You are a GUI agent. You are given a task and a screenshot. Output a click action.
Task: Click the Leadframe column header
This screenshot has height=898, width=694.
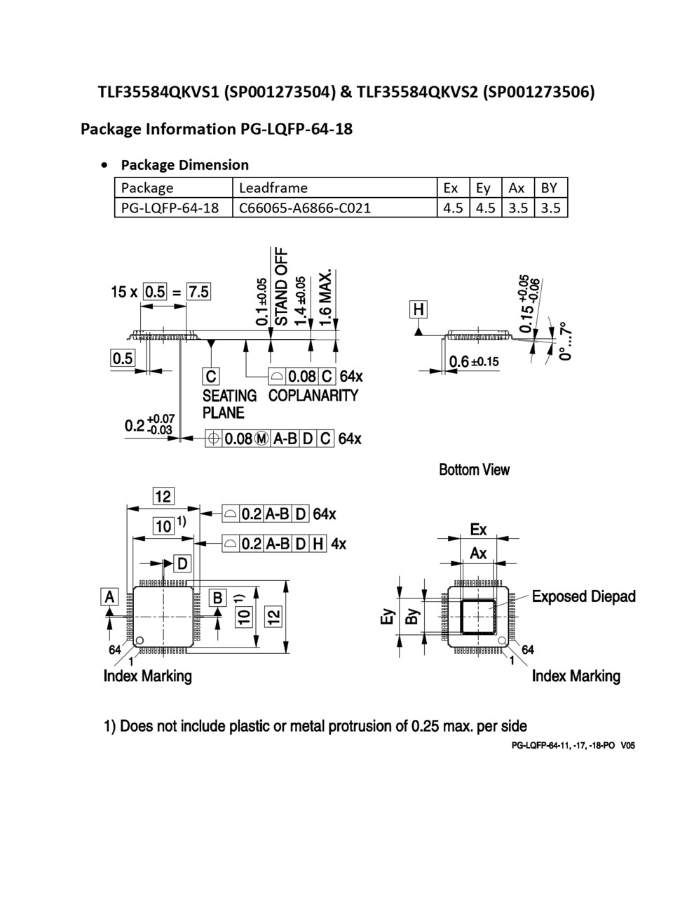[x=273, y=188]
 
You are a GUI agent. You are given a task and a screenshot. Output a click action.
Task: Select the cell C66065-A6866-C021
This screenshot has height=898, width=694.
[x=305, y=208]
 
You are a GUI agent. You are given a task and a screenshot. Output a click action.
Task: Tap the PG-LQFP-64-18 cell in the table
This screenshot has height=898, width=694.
[x=170, y=208]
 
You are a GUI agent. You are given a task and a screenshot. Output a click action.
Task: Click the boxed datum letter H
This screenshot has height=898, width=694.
[x=419, y=309]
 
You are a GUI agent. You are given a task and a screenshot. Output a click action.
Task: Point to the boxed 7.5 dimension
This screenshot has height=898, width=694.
[x=198, y=291]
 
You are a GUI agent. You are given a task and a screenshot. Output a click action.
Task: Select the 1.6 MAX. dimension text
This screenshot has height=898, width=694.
[x=325, y=297]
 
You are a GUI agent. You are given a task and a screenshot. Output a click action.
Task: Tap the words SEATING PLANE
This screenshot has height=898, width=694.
[x=229, y=404]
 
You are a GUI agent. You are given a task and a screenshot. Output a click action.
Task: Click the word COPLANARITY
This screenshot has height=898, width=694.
[x=313, y=396]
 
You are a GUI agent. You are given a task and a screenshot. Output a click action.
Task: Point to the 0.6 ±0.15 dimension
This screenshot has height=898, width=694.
[x=474, y=361]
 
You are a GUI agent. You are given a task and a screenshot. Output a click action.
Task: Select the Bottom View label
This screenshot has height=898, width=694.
[x=474, y=469]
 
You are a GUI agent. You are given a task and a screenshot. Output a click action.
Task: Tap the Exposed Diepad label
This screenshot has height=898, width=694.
[x=583, y=596]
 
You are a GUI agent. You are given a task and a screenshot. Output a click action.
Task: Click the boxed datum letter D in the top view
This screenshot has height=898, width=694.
[x=182, y=563]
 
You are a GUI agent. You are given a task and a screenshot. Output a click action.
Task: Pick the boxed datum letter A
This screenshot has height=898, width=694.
[x=109, y=596]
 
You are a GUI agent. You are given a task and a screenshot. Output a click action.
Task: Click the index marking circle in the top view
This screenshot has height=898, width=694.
[x=140, y=640]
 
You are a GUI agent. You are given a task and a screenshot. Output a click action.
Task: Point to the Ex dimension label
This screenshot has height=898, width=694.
[x=478, y=529]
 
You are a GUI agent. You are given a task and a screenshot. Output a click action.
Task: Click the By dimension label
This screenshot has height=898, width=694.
[x=413, y=615]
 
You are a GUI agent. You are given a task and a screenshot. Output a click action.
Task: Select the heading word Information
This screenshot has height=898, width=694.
[x=190, y=129]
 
